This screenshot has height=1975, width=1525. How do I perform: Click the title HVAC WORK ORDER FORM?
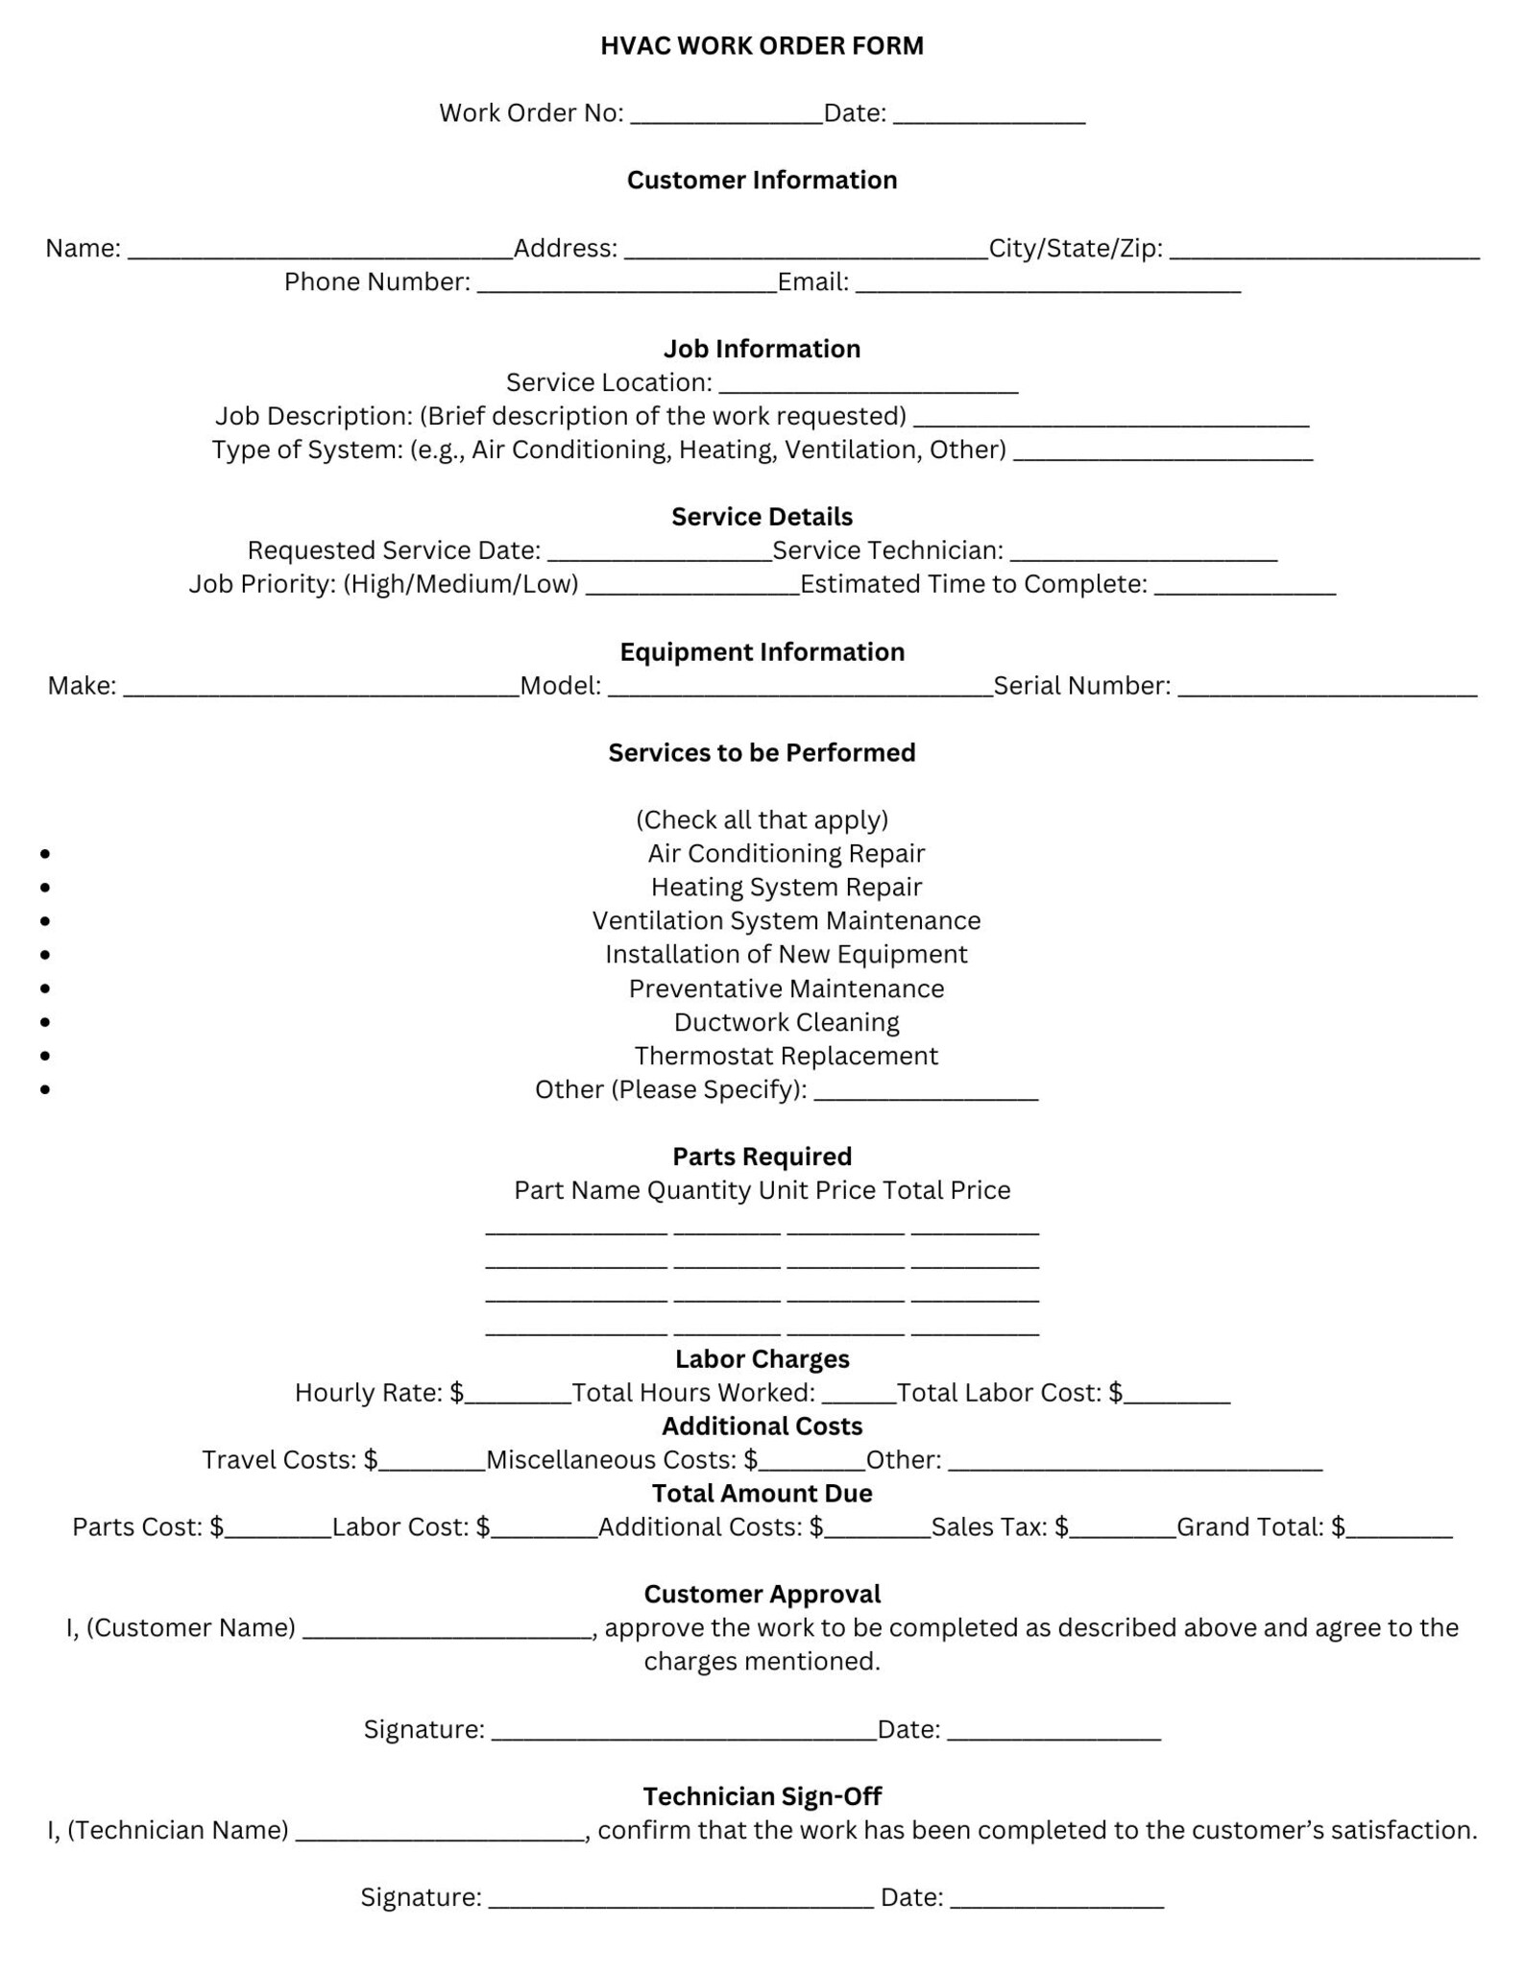[x=762, y=46]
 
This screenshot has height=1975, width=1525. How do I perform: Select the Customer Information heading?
[x=762, y=181]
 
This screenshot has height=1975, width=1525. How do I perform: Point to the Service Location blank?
[x=868, y=387]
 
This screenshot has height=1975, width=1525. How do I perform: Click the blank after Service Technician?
[x=1143, y=555]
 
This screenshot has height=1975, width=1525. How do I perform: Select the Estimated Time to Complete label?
[x=973, y=584]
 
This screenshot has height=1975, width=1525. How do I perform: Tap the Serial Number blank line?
[x=1326, y=690]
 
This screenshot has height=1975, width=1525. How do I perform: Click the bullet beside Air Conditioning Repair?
[x=45, y=854]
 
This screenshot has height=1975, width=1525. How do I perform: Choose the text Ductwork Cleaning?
[x=786, y=1022]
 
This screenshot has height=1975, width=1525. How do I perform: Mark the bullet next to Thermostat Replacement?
[x=45, y=1056]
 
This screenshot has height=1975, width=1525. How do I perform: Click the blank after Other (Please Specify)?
[x=925, y=1094]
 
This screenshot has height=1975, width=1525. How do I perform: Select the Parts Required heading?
[x=762, y=1157]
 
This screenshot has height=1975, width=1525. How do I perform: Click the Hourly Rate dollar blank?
[x=519, y=1397]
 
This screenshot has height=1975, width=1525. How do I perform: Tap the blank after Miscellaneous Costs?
[x=812, y=1464]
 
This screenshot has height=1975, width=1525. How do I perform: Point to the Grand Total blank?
[x=1399, y=1531]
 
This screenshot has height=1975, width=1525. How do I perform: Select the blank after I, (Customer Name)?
[x=447, y=1632]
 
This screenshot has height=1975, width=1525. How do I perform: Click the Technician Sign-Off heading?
[x=762, y=1796]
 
